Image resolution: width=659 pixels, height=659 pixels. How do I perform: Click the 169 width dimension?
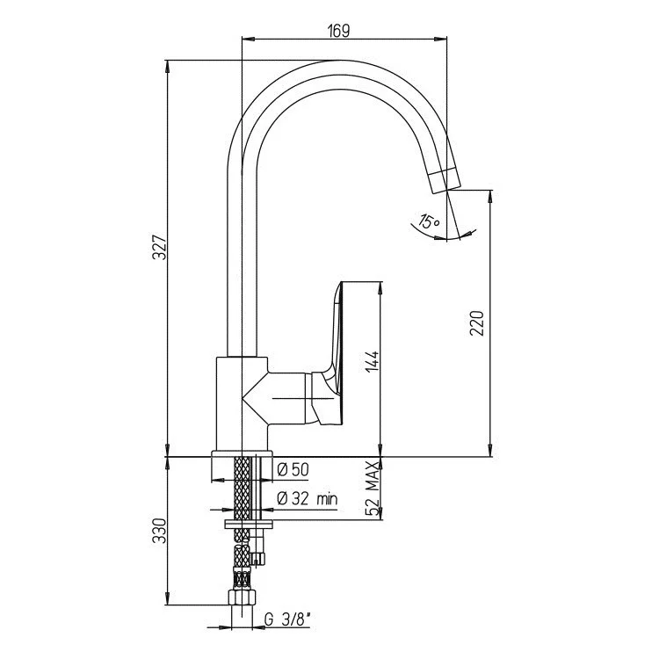339,31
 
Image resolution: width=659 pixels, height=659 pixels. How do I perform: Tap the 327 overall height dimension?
160,249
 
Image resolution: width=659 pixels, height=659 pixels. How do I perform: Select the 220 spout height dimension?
477,322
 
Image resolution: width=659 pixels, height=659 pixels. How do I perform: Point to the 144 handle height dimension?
372,362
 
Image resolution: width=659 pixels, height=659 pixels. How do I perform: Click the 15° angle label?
429,221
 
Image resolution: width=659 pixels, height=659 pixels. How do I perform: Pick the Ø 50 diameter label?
293,469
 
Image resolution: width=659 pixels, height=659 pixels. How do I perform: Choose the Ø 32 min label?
308,499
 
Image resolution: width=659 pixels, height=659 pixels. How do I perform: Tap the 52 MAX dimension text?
373,488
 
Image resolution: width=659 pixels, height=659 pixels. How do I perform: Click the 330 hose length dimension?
160,531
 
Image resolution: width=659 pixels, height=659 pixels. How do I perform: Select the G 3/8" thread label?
288,619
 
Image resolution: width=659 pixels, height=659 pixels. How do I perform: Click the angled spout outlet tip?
445,180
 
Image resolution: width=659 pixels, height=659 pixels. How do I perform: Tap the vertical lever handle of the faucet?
337,353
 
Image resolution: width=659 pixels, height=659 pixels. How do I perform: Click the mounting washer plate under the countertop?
249,524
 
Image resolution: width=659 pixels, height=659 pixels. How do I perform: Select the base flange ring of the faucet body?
243,454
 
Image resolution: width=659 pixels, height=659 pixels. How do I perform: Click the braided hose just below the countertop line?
243,489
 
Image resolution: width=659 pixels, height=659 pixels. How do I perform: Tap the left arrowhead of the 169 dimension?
249,39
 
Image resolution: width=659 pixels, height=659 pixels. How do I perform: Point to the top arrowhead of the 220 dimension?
490,197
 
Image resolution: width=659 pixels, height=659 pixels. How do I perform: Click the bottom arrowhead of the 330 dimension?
167,598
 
